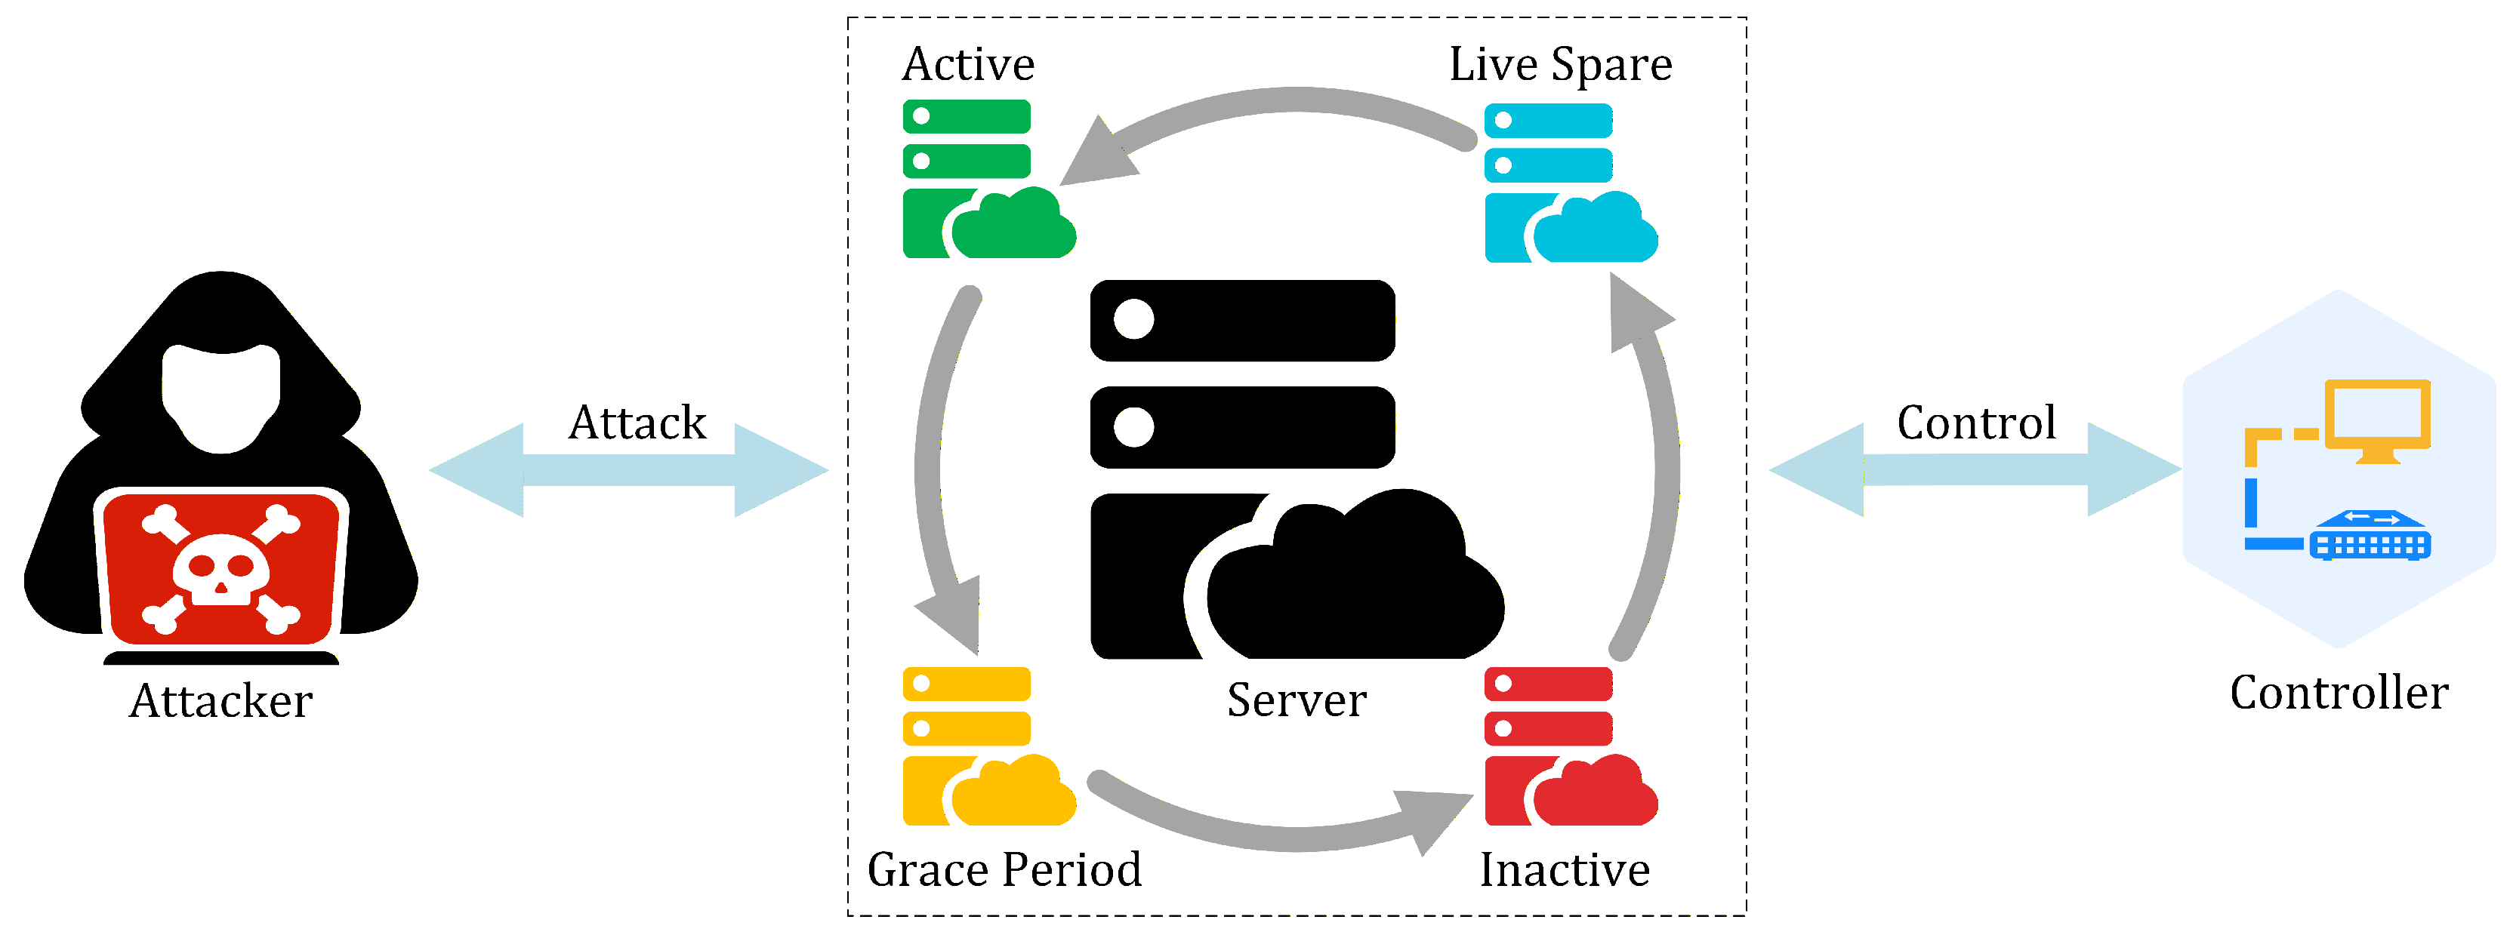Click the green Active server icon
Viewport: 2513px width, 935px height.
tap(985, 180)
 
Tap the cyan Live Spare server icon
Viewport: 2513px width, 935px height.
tap(1567, 183)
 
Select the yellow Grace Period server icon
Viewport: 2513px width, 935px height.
tap(985, 747)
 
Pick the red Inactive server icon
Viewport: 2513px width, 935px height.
tap(1567, 747)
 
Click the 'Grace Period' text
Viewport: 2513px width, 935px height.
tap(1004, 869)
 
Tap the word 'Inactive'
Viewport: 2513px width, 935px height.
tap(1564, 869)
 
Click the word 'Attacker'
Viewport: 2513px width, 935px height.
tap(220, 700)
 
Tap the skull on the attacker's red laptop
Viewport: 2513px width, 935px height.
tap(220, 568)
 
